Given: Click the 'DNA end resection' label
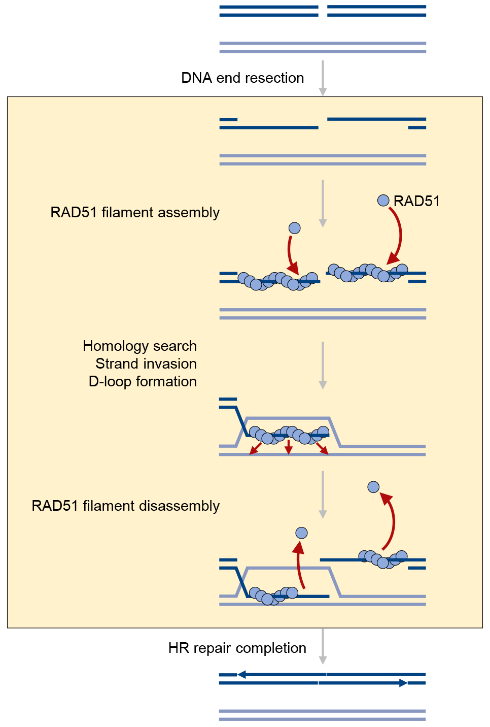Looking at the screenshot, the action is [x=242, y=78].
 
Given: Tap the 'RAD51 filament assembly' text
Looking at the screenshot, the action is [x=135, y=213].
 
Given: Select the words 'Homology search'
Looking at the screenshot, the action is [x=140, y=346].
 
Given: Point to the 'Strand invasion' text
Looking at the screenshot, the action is [x=146, y=363].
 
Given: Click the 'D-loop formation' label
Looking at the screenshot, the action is [x=143, y=382].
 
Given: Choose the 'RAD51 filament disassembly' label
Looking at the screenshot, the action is [x=125, y=506].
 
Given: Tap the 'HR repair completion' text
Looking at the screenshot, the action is [x=237, y=648].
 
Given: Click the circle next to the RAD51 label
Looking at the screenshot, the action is [x=383, y=200].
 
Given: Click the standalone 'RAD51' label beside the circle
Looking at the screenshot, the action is [x=416, y=201].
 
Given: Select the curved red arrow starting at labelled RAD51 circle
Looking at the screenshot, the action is [x=400, y=235].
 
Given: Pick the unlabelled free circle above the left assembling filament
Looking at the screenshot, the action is [x=294, y=228].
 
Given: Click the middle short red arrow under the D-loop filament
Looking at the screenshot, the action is [x=288, y=448].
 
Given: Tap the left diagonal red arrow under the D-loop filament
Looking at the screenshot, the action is [x=256, y=449].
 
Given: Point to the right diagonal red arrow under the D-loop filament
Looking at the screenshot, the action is [x=322, y=448].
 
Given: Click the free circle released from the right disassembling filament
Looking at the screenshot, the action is [x=373, y=487].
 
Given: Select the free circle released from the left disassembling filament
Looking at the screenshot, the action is [x=302, y=533].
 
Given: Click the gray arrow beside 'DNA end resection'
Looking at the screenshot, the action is [x=323, y=78].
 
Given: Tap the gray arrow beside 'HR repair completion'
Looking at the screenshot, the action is [x=323, y=646].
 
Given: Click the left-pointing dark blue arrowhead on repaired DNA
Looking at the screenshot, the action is [x=241, y=674].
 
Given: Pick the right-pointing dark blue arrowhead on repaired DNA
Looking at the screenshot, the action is [x=403, y=683].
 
